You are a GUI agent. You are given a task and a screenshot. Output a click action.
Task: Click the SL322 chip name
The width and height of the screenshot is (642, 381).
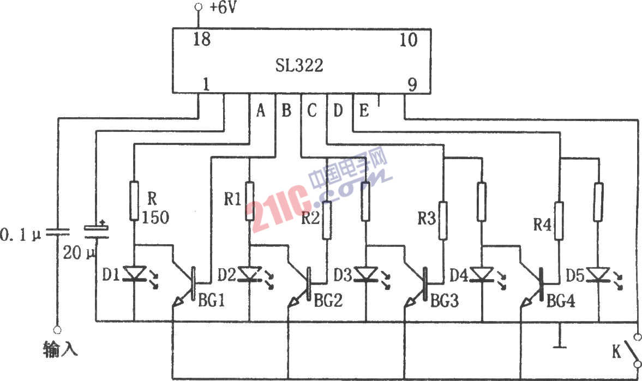(x=299, y=65)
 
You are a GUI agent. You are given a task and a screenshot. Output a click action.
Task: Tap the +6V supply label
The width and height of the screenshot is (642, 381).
(x=223, y=8)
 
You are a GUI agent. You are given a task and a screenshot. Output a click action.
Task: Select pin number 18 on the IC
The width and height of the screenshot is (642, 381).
(x=202, y=39)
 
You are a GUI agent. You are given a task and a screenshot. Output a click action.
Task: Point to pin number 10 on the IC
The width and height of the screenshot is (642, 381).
(x=408, y=40)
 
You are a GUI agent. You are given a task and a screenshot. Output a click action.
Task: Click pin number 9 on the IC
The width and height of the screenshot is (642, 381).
(x=412, y=84)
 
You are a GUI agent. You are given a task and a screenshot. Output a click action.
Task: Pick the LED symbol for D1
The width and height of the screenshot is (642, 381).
(x=135, y=274)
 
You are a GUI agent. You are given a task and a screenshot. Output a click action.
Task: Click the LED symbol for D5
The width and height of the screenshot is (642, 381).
(x=598, y=274)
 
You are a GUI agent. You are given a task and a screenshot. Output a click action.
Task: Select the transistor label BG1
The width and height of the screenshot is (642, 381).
(x=211, y=301)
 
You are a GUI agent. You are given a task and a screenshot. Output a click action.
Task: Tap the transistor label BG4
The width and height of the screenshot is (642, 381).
(x=561, y=301)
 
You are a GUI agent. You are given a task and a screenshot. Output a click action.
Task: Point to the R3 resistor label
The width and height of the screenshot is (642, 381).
(x=426, y=219)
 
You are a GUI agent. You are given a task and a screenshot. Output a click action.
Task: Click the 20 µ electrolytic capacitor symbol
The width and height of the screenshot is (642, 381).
(x=96, y=232)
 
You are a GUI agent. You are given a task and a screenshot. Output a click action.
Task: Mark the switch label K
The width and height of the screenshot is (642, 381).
(x=616, y=352)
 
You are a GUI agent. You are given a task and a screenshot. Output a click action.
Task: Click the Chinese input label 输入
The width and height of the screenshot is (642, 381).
(x=60, y=350)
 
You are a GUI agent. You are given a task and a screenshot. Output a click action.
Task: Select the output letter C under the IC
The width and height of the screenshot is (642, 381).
(x=311, y=111)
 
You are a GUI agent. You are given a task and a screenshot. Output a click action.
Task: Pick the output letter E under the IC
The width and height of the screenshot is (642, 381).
(x=364, y=111)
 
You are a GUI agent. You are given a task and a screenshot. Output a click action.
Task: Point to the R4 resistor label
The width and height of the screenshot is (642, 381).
(x=542, y=225)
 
